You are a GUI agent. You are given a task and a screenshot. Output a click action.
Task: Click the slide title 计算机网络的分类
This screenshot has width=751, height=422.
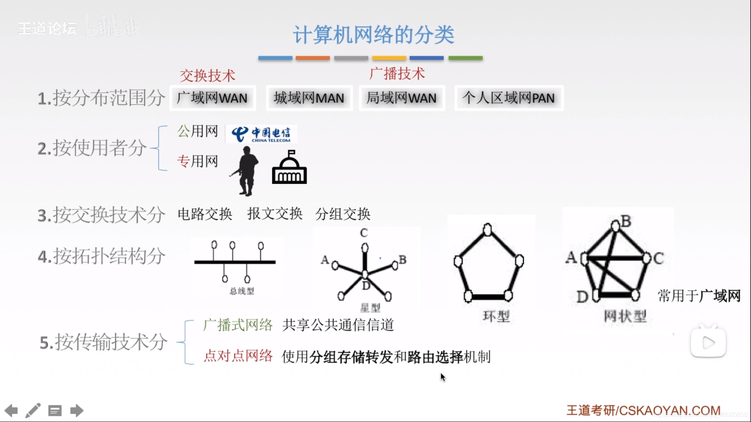[x=374, y=35]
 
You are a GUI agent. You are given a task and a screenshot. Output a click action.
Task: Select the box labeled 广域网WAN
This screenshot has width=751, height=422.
[x=212, y=98]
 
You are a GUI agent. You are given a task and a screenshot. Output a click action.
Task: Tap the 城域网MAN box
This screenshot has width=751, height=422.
[x=309, y=98]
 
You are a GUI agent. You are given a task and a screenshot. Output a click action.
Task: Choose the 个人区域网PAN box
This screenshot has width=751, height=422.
[x=508, y=98]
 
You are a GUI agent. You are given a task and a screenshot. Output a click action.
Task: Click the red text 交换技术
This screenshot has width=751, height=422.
[x=207, y=75]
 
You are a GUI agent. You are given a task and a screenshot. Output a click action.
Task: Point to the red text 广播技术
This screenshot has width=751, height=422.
[x=397, y=73]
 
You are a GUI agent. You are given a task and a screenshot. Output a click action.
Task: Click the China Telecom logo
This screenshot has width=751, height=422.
[x=261, y=134]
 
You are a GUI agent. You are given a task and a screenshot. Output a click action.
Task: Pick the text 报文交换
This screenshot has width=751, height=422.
[x=275, y=214]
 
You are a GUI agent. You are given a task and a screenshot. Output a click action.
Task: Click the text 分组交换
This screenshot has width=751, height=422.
[x=343, y=214]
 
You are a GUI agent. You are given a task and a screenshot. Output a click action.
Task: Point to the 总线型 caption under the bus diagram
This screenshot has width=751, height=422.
[x=242, y=291]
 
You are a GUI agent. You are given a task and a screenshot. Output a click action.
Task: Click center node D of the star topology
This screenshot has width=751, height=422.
[x=365, y=275]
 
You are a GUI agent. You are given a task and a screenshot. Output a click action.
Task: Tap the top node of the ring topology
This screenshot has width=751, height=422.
[x=487, y=229]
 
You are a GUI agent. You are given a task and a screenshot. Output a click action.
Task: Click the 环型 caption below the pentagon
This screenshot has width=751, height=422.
[x=496, y=316]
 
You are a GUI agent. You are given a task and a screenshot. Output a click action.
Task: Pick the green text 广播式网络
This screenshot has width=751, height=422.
[x=238, y=325]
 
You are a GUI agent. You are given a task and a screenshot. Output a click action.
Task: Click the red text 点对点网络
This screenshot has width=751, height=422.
[x=238, y=356]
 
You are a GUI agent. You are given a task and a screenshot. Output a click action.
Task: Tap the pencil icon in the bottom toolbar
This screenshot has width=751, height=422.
[x=33, y=411]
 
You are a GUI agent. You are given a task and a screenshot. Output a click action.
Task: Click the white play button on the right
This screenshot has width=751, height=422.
[x=708, y=343]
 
